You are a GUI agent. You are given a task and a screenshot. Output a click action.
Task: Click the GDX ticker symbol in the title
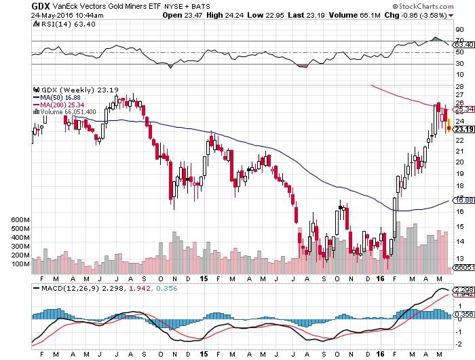(x=41, y=6)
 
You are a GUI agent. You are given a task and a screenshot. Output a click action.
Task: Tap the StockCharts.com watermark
(x=423, y=6)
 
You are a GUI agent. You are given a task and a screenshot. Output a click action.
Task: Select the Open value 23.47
(x=193, y=15)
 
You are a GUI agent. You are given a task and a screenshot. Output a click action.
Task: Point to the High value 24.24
(x=234, y=15)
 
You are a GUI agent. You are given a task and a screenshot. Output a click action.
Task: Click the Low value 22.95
(x=274, y=15)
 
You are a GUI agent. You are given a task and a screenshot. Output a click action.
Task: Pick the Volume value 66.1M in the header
(x=370, y=15)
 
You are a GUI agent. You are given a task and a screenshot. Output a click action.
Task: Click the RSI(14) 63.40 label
(x=65, y=24)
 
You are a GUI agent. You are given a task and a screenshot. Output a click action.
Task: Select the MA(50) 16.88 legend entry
(x=57, y=97)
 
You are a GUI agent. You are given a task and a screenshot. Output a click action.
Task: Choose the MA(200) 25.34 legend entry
(x=59, y=105)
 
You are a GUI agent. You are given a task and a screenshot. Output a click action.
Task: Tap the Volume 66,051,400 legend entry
(x=64, y=112)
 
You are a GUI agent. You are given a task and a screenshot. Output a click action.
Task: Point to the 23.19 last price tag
(x=463, y=130)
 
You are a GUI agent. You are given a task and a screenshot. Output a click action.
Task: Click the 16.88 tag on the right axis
(x=463, y=200)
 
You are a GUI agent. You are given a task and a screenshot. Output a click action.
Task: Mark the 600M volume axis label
(x=20, y=220)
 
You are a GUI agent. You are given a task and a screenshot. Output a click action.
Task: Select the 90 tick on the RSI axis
(x=459, y=30)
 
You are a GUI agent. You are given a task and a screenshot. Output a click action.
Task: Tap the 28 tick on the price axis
(x=459, y=87)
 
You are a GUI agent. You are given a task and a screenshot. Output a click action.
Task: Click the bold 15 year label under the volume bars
(x=204, y=278)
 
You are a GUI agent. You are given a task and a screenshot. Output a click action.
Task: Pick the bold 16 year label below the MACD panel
(x=381, y=354)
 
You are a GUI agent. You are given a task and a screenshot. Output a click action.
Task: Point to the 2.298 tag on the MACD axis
(x=463, y=289)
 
